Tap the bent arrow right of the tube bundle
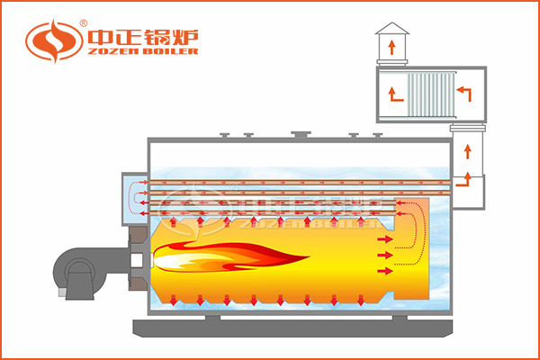tap(463, 91)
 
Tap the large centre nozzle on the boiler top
tap(299, 136)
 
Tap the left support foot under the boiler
tap(212, 316)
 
